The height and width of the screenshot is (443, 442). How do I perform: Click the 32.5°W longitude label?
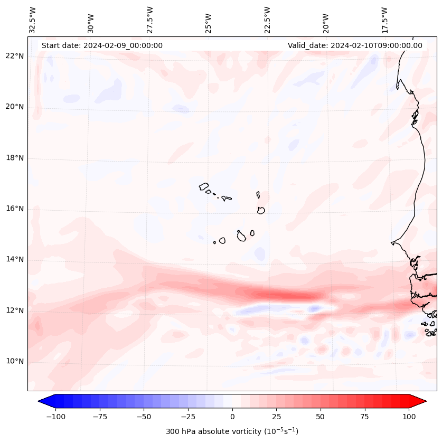[x=33, y=20]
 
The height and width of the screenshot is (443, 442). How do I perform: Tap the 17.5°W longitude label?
[x=384, y=20]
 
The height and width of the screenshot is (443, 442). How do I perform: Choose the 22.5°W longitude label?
[x=267, y=20]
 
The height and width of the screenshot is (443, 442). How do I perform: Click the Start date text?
[x=102, y=45]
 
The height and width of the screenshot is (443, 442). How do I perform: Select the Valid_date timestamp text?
[x=355, y=45]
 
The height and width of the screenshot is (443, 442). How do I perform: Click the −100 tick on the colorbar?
[x=55, y=417]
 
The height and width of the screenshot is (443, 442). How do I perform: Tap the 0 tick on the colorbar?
[x=232, y=417]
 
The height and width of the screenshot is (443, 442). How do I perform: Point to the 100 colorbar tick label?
[x=409, y=417]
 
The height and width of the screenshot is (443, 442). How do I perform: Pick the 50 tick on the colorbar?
[x=321, y=417]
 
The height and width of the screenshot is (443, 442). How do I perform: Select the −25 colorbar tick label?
[x=187, y=417]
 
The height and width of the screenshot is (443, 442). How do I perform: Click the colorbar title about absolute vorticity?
[x=232, y=431]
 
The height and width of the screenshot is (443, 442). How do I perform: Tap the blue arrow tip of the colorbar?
[x=42, y=402]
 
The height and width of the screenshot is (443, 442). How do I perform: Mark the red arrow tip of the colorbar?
[x=422, y=402]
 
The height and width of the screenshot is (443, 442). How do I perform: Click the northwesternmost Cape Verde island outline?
[x=204, y=186]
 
